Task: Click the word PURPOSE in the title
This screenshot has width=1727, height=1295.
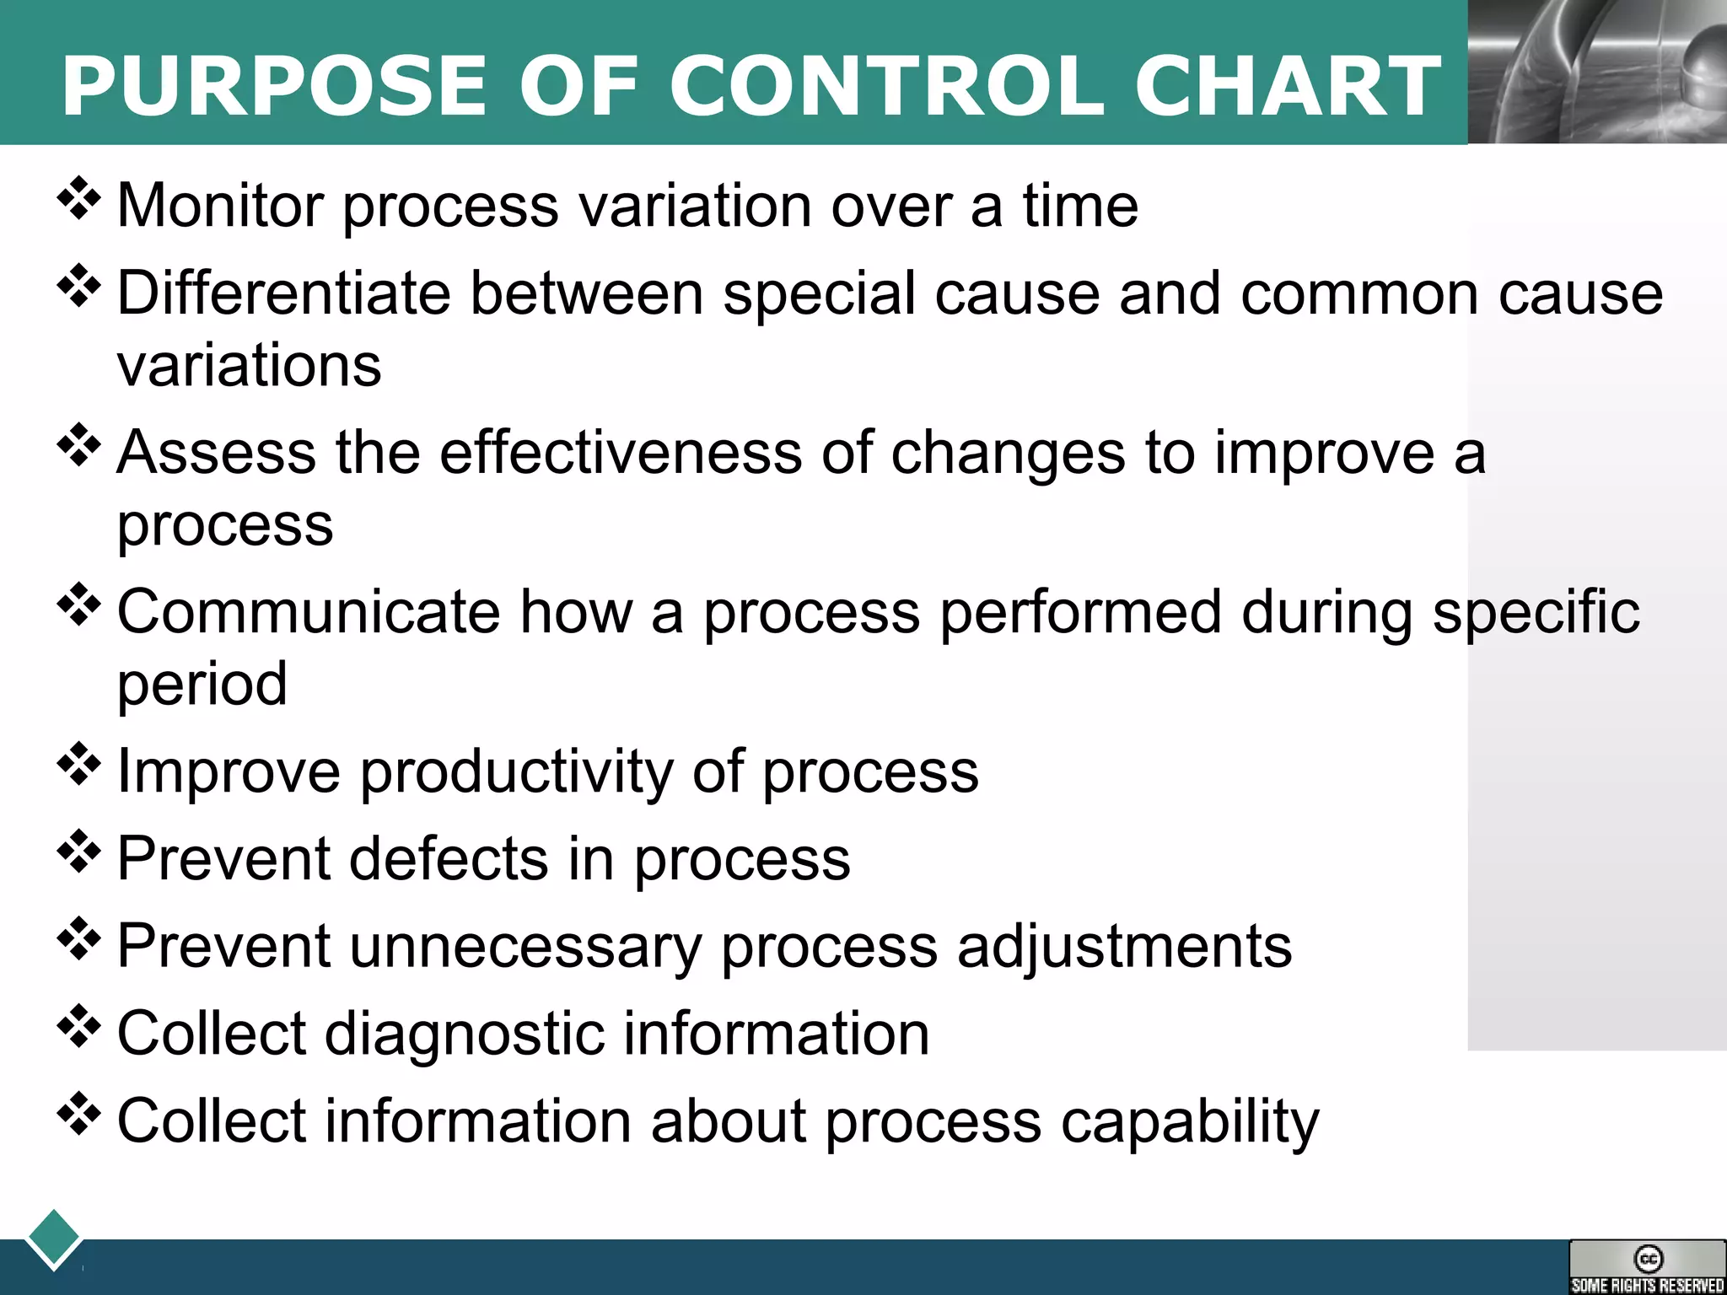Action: [x=275, y=86]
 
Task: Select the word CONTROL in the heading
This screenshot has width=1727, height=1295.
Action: [x=886, y=86]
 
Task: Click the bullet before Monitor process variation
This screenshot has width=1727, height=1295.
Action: [x=78, y=199]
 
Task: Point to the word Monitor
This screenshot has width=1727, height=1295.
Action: [x=220, y=206]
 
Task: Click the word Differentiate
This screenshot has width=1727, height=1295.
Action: [x=283, y=293]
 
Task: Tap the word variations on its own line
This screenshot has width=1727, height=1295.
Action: [x=249, y=366]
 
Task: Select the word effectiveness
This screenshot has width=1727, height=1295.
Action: [x=620, y=453]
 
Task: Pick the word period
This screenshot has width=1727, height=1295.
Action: [x=202, y=684]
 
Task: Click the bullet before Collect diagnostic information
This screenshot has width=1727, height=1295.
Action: [x=78, y=1026]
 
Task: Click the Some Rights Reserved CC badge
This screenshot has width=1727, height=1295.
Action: [x=1647, y=1267]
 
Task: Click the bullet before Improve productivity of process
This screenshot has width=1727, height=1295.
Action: [x=78, y=764]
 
